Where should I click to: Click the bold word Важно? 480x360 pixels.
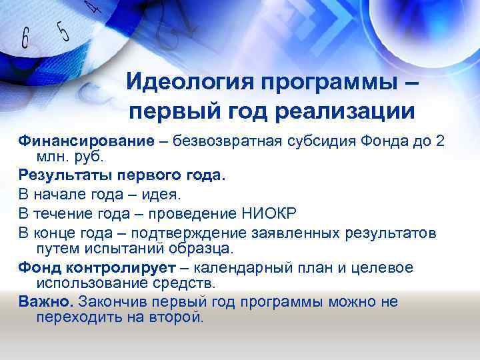pyautogui.click(x=46, y=302)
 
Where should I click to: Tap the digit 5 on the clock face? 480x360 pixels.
pyautogui.click(x=62, y=29)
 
